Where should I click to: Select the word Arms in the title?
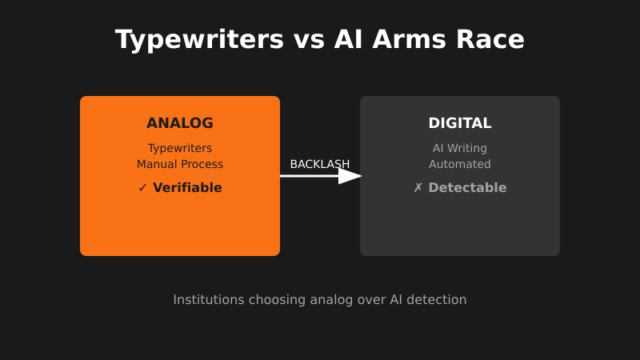point(415,39)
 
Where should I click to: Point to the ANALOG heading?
point(180,123)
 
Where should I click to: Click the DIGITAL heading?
point(460,123)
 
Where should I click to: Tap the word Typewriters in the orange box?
point(180,148)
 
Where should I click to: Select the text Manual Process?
point(180,164)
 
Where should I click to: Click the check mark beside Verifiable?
point(143,188)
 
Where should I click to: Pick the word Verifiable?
point(187,188)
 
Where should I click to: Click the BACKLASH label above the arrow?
point(320,164)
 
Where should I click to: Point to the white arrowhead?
point(350,176)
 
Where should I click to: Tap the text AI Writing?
point(460,148)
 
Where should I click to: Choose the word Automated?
point(460,164)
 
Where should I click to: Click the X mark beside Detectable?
point(418,188)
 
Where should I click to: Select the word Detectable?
point(467,188)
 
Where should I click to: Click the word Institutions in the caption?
point(209,300)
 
